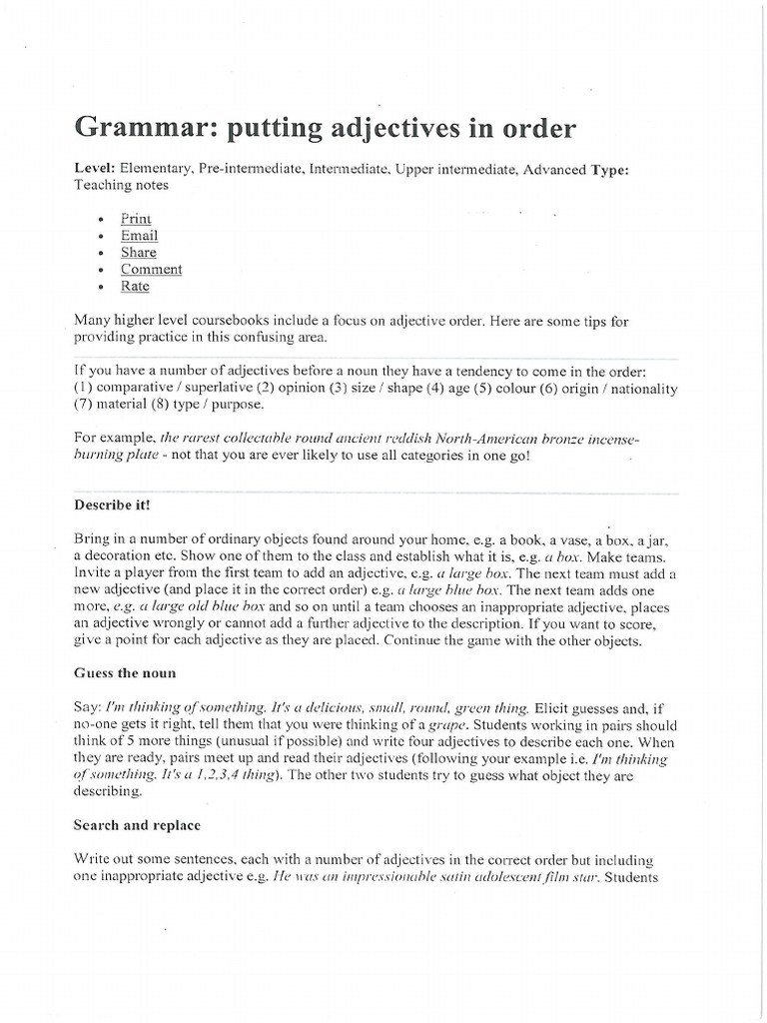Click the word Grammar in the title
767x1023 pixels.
coord(134,130)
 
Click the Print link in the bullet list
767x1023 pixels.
coord(136,219)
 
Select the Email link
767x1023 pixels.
coord(139,236)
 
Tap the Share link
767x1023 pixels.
coord(139,253)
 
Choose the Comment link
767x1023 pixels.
coord(152,269)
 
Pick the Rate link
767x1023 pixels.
coord(135,286)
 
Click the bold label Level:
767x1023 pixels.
coord(95,169)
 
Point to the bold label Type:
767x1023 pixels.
coord(609,169)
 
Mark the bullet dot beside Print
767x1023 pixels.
coord(104,220)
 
